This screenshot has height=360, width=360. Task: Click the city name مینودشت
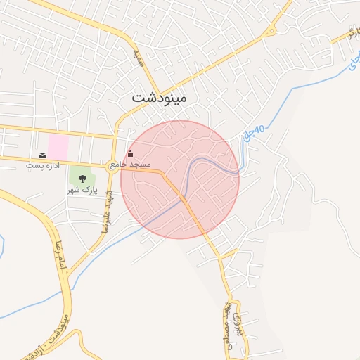coord(160,99)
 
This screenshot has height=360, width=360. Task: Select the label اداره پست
coord(44,166)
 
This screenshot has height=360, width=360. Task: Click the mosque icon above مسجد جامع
coord(129,154)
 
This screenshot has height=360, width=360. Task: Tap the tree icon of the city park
coord(82,179)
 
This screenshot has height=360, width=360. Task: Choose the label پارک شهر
coord(81,190)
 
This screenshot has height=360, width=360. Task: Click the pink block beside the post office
coord(58,147)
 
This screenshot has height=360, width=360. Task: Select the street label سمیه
coord(139,56)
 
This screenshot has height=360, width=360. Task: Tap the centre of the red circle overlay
coord(180,179)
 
